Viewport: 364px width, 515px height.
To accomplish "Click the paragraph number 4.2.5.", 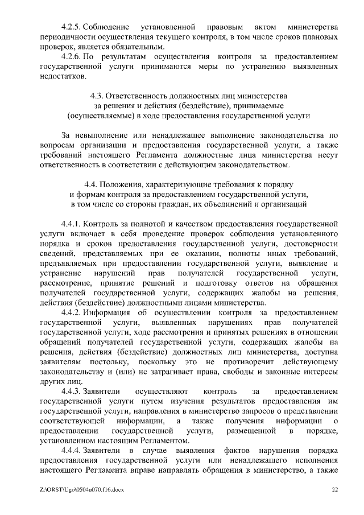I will [x=71, y=27].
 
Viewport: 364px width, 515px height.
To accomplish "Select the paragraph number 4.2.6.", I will [x=71, y=57].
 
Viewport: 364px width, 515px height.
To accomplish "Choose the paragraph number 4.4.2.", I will [x=71, y=312].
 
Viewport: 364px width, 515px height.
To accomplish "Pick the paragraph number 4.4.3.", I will [x=71, y=392].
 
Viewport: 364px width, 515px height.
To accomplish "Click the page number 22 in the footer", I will [x=334, y=489].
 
